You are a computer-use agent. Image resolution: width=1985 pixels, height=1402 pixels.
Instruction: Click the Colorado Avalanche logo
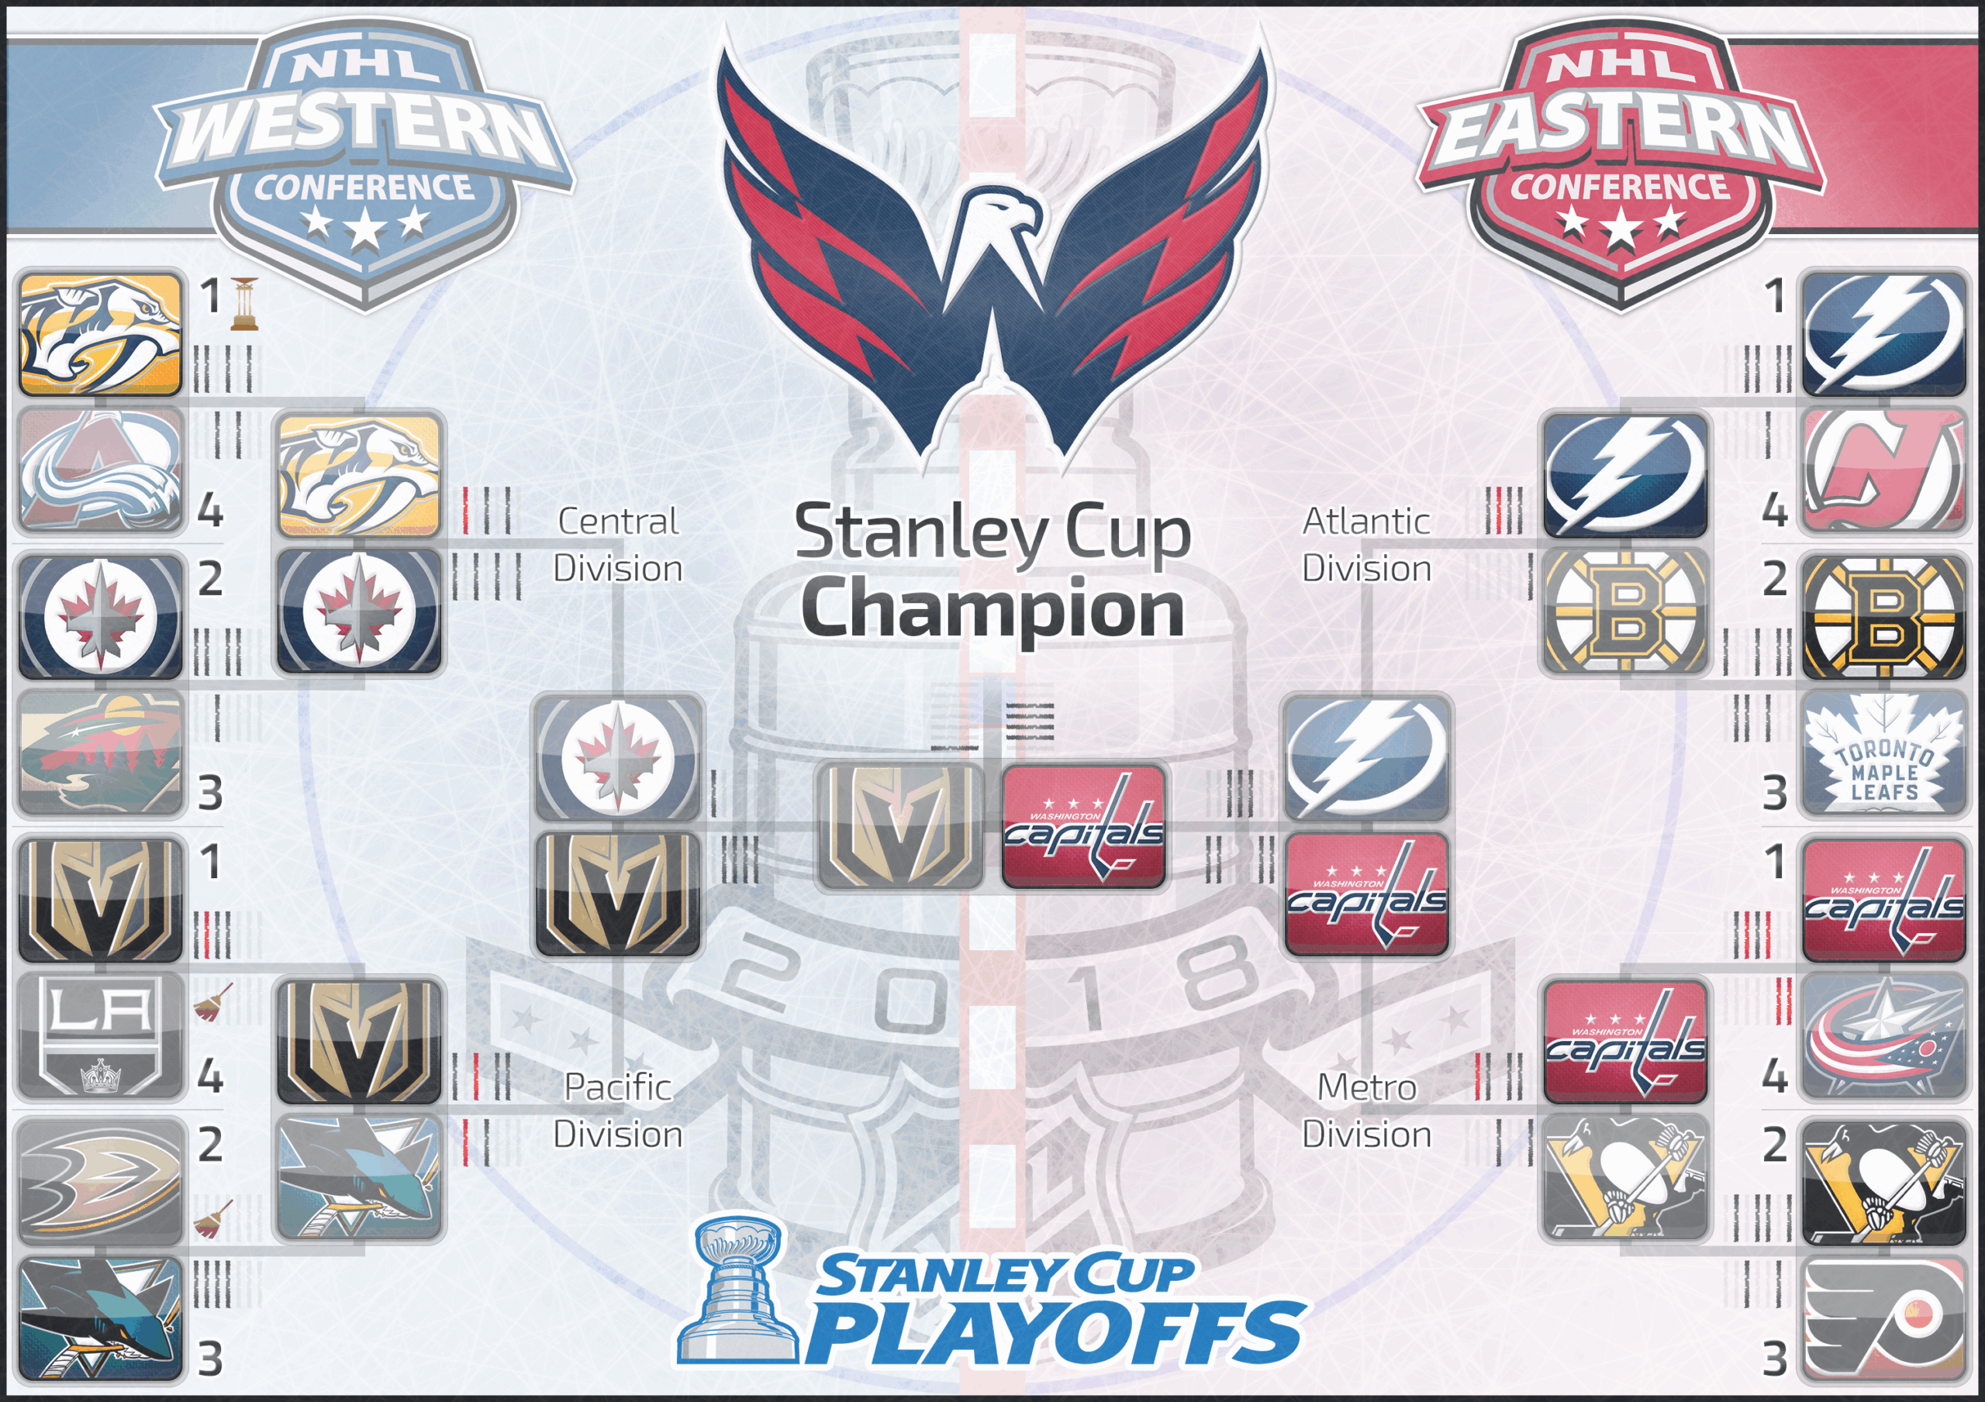101,471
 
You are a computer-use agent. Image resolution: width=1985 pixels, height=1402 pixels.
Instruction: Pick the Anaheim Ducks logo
101,1178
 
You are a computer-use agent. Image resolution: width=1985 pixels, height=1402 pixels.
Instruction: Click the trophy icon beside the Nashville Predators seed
245,303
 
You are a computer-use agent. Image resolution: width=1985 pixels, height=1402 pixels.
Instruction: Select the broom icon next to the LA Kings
212,1002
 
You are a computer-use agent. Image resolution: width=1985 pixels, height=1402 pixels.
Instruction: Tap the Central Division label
618,545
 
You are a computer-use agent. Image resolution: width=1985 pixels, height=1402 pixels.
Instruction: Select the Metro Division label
1367,1111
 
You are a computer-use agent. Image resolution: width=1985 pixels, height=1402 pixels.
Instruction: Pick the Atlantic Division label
1367,545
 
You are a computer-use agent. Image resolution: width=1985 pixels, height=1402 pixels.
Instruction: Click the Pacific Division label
618,1111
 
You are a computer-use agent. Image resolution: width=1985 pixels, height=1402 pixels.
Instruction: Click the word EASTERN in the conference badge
1621,129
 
